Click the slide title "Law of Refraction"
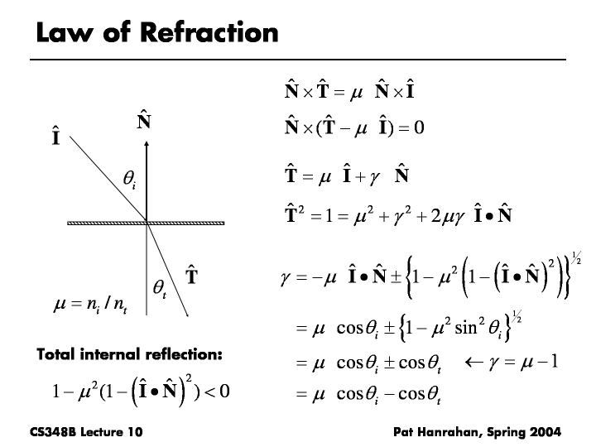[x=157, y=32]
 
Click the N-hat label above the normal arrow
[x=144, y=123]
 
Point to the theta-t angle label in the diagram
[x=160, y=286]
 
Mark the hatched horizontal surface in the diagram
[x=147, y=222]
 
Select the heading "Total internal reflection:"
[x=130, y=355]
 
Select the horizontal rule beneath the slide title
[x=298, y=60]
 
